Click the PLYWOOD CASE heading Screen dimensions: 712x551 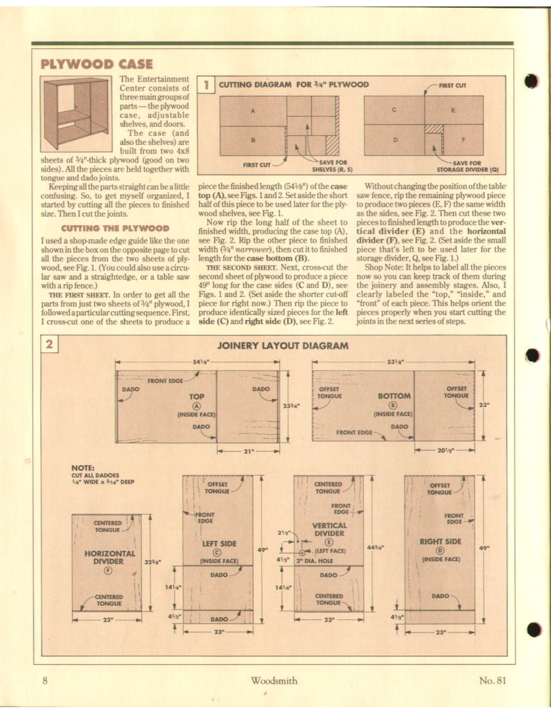97,63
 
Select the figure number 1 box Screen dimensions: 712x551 205,84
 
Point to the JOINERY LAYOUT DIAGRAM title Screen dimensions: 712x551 282,346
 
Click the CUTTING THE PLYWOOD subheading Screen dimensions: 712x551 115,228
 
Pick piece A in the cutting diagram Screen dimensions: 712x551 253,111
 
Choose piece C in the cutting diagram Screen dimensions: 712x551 393,110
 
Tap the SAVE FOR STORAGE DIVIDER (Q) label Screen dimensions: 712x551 467,166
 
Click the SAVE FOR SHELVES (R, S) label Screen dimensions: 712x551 333,165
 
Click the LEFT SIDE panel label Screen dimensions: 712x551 218,544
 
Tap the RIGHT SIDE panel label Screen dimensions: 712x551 440,541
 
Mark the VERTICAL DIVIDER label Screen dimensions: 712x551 329,529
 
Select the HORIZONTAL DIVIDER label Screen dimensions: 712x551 110,557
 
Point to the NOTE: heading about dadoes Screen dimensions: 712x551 84,467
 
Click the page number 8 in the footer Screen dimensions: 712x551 45,680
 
